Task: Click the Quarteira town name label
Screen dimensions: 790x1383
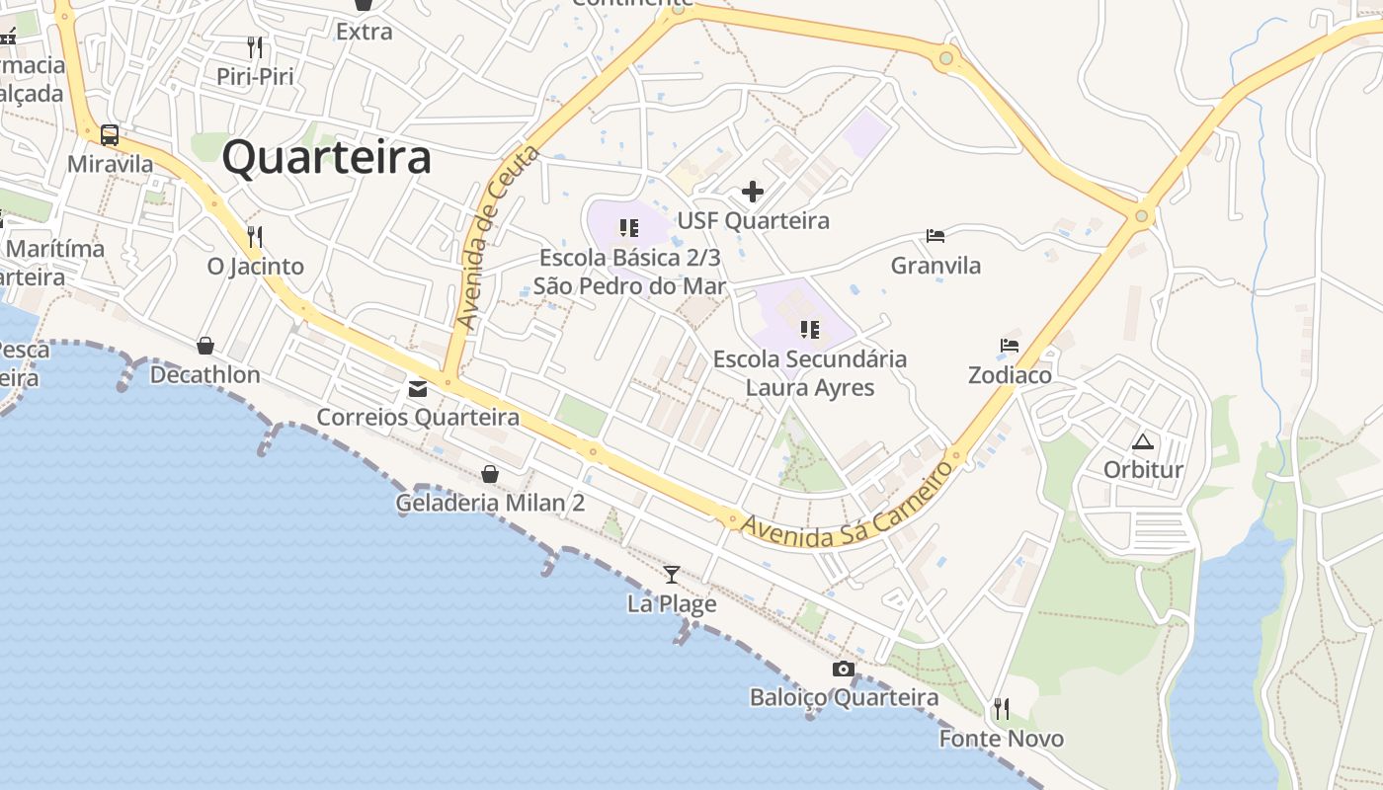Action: [326, 158]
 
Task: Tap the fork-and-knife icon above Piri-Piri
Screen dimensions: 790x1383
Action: [255, 46]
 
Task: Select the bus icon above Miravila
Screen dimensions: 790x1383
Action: [110, 135]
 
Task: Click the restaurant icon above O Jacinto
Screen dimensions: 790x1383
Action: [255, 236]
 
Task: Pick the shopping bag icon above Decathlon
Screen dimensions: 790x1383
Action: [205, 345]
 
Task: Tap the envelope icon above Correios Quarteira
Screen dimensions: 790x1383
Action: [418, 388]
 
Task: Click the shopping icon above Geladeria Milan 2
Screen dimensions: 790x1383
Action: [490, 474]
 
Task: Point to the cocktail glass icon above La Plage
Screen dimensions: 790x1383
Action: [672, 574]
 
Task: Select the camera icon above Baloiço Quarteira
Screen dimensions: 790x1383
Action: [843, 669]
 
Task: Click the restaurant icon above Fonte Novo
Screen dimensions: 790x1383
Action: [1001, 708]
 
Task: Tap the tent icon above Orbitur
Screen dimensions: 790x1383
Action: [1143, 441]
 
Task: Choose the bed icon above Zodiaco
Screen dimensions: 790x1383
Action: [1010, 346]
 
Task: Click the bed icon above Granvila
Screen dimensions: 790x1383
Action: [936, 236]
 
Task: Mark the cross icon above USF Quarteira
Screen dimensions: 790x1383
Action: [753, 192]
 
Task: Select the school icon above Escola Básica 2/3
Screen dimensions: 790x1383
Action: [629, 228]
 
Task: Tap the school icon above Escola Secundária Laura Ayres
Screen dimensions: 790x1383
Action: [810, 329]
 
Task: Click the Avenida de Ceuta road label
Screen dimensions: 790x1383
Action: [498, 237]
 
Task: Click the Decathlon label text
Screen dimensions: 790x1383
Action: [205, 375]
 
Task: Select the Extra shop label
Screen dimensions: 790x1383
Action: [364, 32]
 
